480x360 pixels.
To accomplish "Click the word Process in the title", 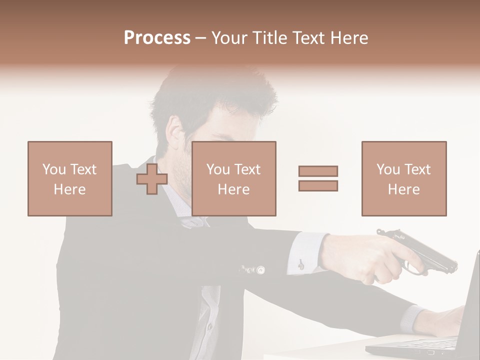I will pos(157,38).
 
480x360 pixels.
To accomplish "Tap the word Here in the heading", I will pos(348,38).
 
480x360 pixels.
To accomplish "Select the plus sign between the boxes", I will pos(152,179).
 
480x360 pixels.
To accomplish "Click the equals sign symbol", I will pos(318,178).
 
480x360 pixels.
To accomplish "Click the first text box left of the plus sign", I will pos(70,178).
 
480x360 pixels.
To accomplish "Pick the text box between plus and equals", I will pos(233,178).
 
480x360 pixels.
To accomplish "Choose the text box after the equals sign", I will pos(403,178).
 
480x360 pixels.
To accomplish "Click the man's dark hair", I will pos(210,95).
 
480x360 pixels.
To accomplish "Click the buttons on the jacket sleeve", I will pos(252,270).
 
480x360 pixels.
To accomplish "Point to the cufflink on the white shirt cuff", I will pos(300,264).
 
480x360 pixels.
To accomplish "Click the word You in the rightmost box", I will pos(388,169).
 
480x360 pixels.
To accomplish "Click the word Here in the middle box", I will pos(233,189).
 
